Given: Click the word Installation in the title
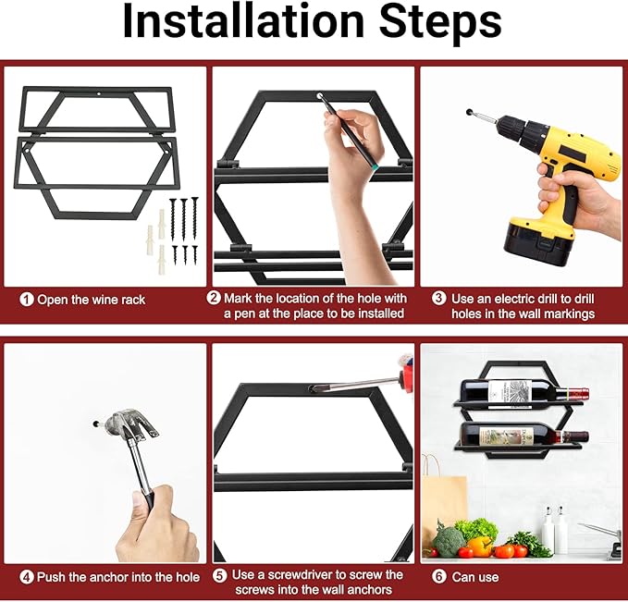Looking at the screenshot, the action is point(243,21).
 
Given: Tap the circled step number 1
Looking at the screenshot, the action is point(27,300).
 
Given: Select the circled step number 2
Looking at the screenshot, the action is point(214,298).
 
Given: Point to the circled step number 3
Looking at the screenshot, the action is point(439,298).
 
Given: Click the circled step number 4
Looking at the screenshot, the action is point(27,577).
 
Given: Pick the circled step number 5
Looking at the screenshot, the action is point(219,575).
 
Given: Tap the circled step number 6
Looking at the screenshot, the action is point(439,577).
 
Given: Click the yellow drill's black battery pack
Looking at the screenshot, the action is point(535,243).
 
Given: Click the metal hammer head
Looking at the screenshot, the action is point(130,424).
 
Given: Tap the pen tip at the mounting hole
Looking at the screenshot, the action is point(321,97).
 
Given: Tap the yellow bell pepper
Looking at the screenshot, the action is point(480,547).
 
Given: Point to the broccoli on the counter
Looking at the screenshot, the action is point(449,542).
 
